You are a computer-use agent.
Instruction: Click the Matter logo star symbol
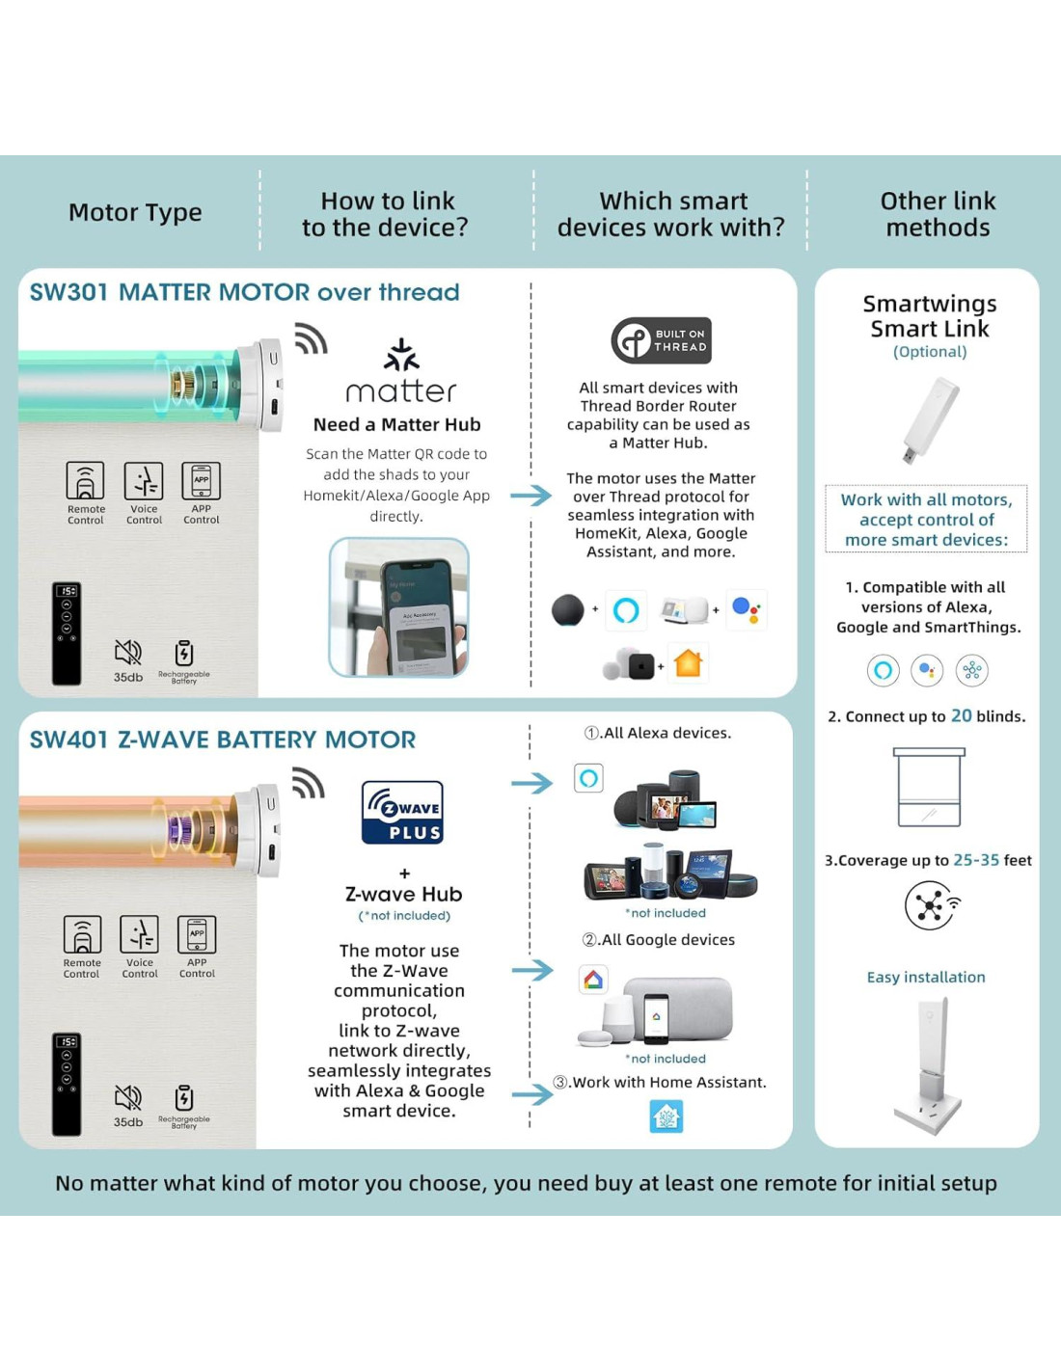pos(401,355)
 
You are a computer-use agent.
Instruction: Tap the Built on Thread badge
pos(662,340)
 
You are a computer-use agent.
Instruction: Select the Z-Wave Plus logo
pos(402,813)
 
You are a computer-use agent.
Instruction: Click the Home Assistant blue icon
pos(667,1116)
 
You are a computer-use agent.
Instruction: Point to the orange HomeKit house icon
pos(688,663)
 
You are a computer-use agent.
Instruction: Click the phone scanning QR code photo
pos(399,607)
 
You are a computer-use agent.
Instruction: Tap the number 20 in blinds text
pos(961,716)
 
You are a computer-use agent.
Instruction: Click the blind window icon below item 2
pos(928,787)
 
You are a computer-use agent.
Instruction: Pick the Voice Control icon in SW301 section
pos(144,481)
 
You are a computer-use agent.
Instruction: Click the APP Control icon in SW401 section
pos(197,934)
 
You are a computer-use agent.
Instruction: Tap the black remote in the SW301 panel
pos(67,633)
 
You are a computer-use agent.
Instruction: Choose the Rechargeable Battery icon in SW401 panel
pos(184,1098)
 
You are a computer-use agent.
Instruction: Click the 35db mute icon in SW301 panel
pos(128,653)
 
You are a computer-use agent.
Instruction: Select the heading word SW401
pos(68,740)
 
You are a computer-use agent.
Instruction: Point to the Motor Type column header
pos(135,212)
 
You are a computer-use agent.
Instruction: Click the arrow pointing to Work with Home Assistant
pos(531,1094)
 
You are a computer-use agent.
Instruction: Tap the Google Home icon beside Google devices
pos(593,980)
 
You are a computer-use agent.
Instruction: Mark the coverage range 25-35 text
pos(976,860)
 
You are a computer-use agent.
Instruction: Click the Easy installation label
pos(926,977)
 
